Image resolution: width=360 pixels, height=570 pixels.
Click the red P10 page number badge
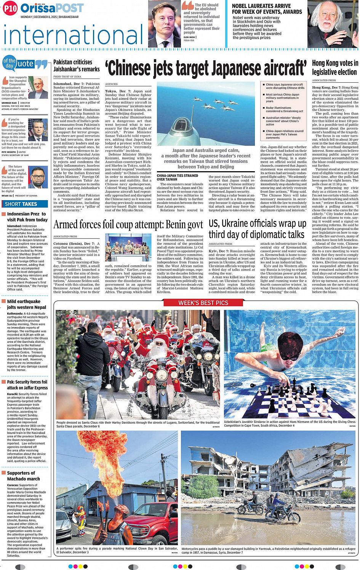(10, 8)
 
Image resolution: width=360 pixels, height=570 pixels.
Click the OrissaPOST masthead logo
(52, 8)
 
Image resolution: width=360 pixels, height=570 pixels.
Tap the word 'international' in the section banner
(72, 35)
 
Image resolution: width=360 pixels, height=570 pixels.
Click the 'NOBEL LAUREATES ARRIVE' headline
(261, 6)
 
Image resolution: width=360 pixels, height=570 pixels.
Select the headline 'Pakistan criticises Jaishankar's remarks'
(76, 66)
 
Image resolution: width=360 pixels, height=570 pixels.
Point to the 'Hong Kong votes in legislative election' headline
(335, 67)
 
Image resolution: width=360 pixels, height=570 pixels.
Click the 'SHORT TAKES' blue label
(21, 204)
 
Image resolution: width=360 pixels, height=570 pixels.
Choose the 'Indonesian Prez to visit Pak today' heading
(27, 217)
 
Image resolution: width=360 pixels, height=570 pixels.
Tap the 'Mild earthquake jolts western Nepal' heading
(27, 304)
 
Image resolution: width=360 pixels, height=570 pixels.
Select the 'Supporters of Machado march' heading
(23, 476)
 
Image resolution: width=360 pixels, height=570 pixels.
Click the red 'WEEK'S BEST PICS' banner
(203, 303)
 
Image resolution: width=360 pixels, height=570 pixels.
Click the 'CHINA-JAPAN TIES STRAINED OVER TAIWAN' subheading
(178, 177)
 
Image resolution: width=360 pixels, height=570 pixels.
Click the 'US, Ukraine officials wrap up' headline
(257, 223)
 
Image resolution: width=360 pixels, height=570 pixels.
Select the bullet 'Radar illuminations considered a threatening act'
(284, 109)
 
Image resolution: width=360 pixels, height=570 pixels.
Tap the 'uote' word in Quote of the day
(26, 64)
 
